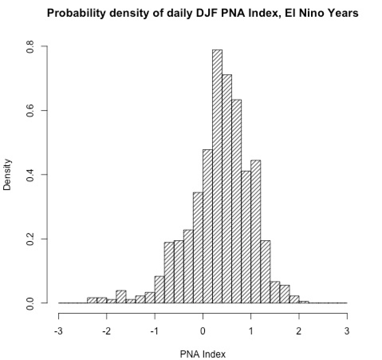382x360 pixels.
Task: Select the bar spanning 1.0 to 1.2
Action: coord(256,231)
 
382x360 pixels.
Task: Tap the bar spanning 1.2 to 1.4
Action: coord(265,272)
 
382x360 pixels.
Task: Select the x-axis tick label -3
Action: coord(58,331)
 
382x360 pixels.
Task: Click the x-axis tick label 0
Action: coord(203,331)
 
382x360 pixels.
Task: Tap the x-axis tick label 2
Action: coord(299,331)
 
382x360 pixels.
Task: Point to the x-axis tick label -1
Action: coord(154,331)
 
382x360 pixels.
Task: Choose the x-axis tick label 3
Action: coord(347,331)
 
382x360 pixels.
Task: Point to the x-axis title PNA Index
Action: coord(203,353)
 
